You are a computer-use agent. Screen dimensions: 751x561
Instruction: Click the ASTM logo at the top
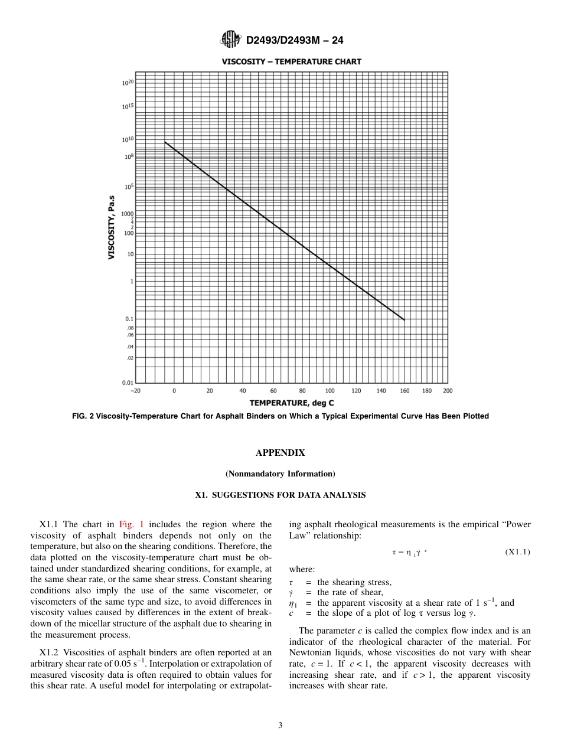(x=230, y=40)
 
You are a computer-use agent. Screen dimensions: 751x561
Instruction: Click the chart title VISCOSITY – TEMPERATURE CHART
(x=291, y=61)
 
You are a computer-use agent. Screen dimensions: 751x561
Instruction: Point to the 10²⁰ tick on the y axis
(x=128, y=83)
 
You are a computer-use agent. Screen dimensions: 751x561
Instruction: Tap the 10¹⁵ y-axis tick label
(x=128, y=107)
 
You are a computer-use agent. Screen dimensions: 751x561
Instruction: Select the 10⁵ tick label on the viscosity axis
(x=129, y=187)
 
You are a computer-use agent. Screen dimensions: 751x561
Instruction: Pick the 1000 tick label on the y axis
(x=128, y=214)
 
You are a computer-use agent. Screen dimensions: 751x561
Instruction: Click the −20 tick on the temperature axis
(x=135, y=391)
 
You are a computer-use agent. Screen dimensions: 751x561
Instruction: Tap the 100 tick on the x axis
(x=330, y=391)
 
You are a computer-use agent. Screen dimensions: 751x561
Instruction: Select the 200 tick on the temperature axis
(x=448, y=391)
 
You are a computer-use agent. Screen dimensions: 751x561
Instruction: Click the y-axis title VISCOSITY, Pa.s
(x=111, y=227)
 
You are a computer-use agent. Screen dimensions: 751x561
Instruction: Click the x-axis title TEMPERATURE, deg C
(x=291, y=403)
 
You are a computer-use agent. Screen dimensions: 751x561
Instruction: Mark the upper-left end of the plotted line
(x=165, y=142)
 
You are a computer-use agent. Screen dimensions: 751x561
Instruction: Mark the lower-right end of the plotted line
(x=405, y=320)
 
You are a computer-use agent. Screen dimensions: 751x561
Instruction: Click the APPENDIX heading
(x=280, y=453)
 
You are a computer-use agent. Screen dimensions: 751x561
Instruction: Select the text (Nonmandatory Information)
(x=280, y=474)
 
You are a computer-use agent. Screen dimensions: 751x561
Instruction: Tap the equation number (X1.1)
(x=517, y=552)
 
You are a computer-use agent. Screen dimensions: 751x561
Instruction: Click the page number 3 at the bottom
(x=280, y=725)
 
